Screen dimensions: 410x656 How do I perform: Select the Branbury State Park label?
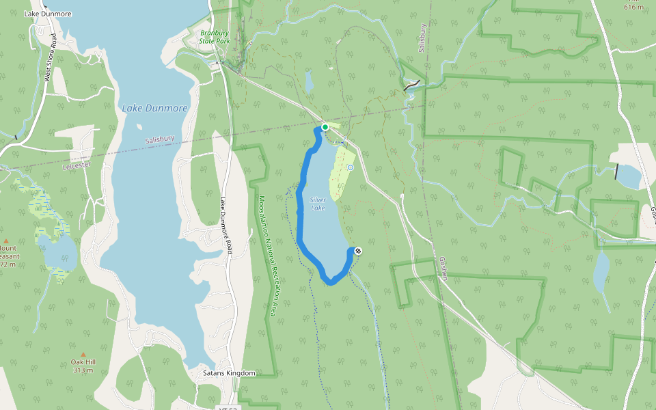[x=216, y=37]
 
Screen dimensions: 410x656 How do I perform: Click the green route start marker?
[x=325, y=127]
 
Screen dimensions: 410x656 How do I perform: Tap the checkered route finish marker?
[x=358, y=251]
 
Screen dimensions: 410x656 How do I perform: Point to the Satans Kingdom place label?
[x=229, y=373]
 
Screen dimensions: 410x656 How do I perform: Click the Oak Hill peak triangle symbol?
[x=83, y=354]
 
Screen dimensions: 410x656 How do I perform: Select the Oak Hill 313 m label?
[x=82, y=366]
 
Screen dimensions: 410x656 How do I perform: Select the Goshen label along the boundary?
[x=443, y=269]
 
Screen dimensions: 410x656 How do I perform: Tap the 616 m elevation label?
[x=633, y=7]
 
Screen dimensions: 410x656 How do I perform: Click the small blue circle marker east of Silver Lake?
[x=351, y=167]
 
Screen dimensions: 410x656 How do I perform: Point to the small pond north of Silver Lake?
[x=310, y=82]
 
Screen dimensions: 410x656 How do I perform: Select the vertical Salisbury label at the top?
[x=422, y=38]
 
